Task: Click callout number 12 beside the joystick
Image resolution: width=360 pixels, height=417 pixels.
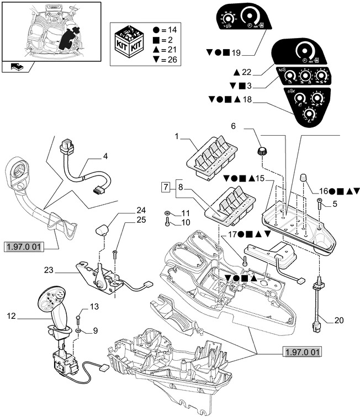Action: [x=12, y=317]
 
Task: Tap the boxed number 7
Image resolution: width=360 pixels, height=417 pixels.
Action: [x=166, y=188]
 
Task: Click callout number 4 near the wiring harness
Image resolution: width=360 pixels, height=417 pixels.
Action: [x=105, y=156]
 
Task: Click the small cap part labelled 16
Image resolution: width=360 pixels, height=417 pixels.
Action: [x=303, y=178]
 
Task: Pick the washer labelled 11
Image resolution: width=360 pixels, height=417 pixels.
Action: [x=167, y=213]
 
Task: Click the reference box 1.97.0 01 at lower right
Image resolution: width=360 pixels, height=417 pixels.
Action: [x=303, y=351]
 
